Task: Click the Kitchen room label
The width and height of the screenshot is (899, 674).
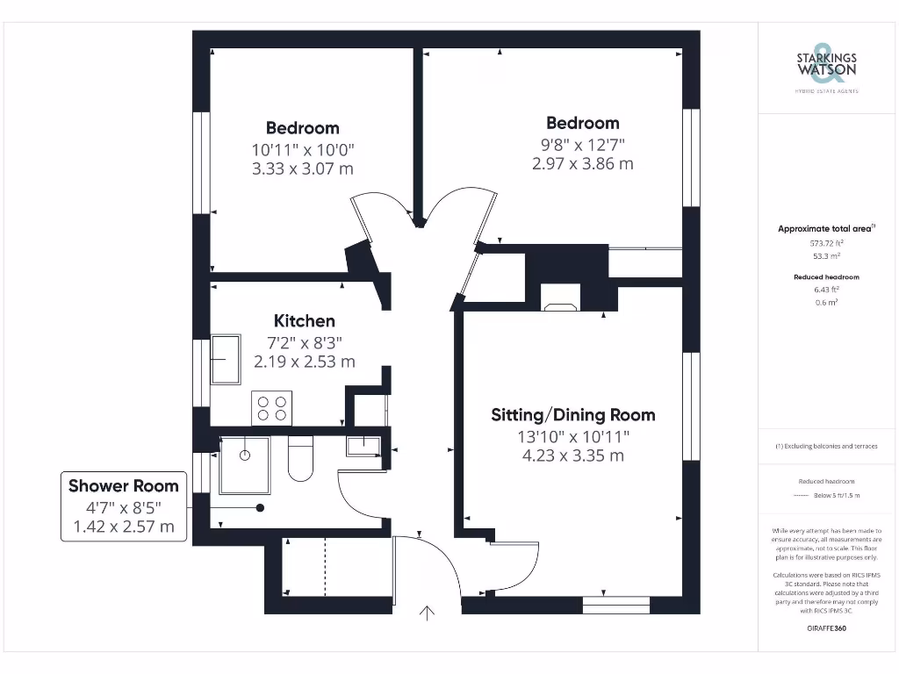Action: click(x=304, y=321)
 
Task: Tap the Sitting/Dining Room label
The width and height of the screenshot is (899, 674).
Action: click(x=572, y=415)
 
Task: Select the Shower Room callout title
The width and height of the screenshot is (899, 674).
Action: click(x=124, y=486)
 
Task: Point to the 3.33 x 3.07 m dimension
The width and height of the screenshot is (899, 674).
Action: click(x=303, y=168)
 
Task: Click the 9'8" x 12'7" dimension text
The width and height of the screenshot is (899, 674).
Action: click(x=582, y=144)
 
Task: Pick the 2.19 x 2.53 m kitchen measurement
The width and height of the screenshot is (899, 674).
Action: click(x=304, y=362)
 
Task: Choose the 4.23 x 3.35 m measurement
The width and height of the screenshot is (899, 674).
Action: click(x=572, y=455)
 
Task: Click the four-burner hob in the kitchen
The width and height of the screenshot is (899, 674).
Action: click(x=271, y=407)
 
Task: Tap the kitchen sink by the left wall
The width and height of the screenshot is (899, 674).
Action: click(x=226, y=359)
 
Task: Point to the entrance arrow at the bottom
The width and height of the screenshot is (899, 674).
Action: click(x=428, y=613)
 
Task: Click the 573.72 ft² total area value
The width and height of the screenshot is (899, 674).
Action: click(x=826, y=243)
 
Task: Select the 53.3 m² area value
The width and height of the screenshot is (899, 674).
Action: click(x=826, y=256)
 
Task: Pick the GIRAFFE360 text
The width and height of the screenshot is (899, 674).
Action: click(x=826, y=628)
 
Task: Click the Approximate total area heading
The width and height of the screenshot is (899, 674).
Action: click(x=824, y=229)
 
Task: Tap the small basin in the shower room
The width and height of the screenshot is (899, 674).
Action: click(x=363, y=446)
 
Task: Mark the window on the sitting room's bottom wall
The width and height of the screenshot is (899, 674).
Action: click(x=615, y=604)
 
